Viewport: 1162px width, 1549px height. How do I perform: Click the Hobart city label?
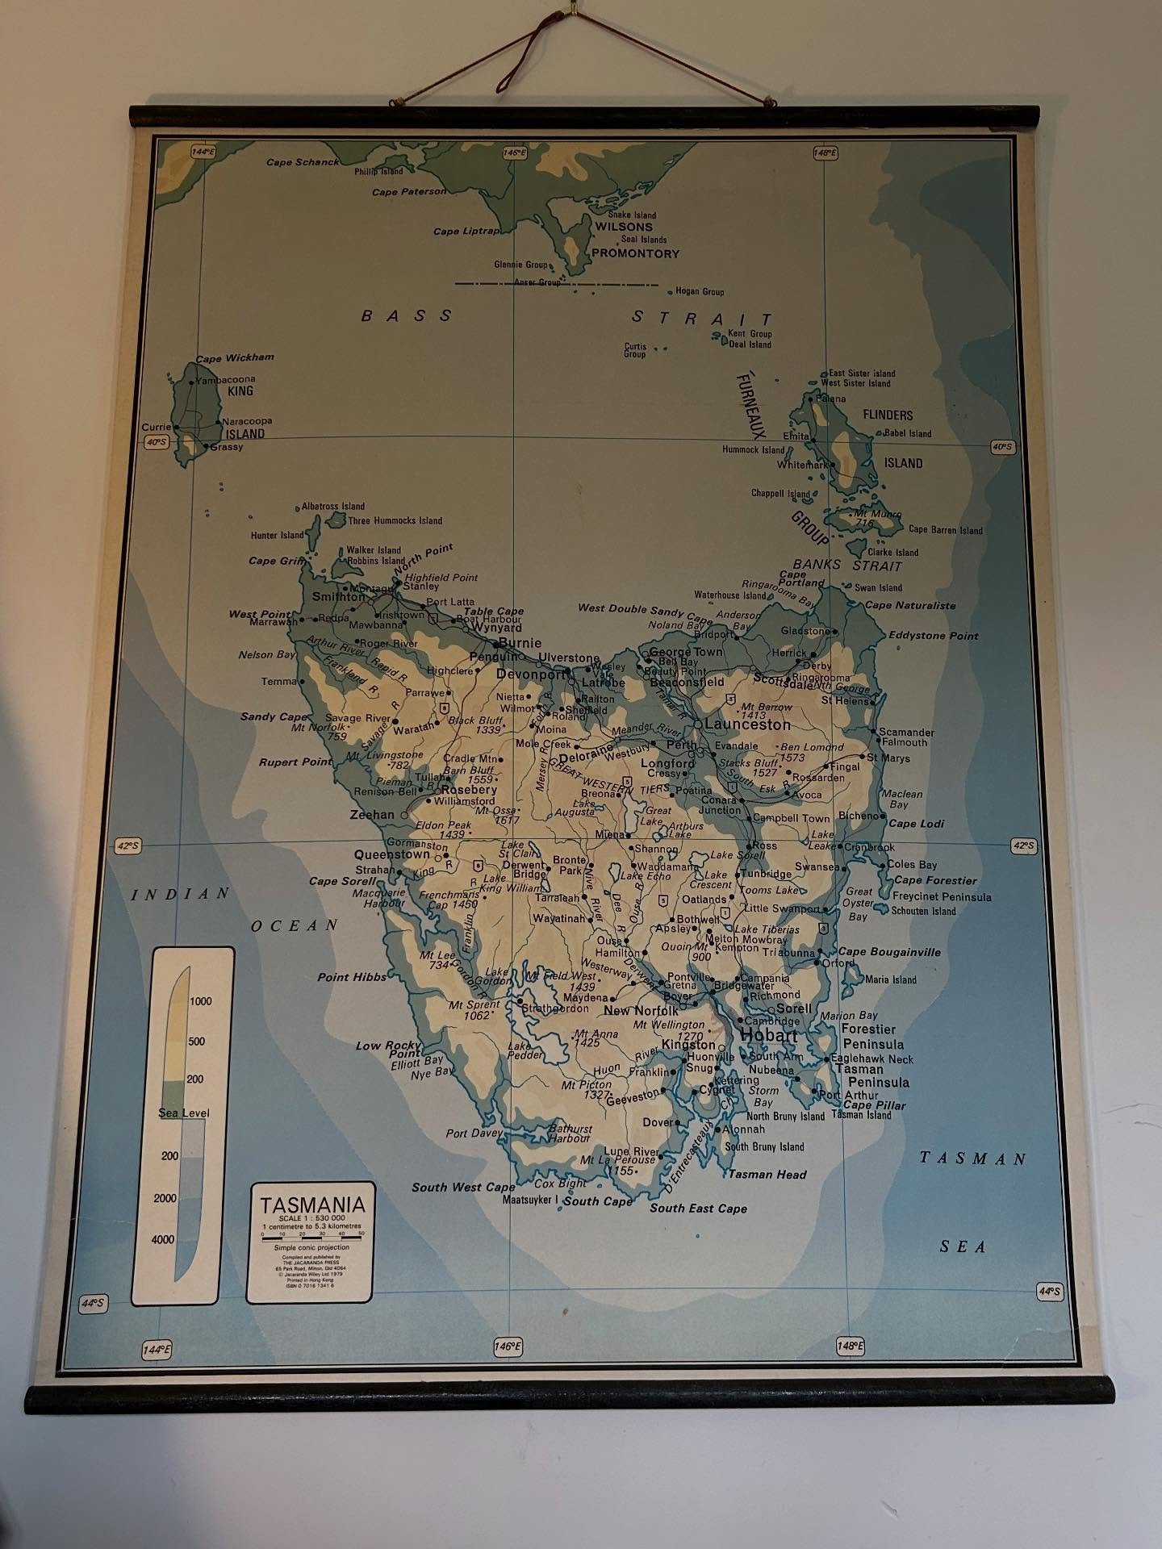pyautogui.click(x=768, y=1035)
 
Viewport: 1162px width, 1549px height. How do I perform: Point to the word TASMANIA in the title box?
pyautogui.click(x=311, y=1205)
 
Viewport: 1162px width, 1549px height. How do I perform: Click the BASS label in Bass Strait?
pyautogui.click(x=407, y=315)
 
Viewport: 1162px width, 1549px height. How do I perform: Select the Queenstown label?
pyautogui.click(x=392, y=854)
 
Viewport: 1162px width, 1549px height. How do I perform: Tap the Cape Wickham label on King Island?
pyautogui.click(x=235, y=357)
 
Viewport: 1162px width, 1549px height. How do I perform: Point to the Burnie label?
pyautogui.click(x=520, y=643)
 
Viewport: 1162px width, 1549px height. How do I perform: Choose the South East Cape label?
pyautogui.click(x=698, y=1208)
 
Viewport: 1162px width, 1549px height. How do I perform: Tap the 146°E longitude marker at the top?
pyautogui.click(x=515, y=152)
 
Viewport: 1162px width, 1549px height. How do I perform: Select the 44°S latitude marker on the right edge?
pyautogui.click(x=1049, y=1292)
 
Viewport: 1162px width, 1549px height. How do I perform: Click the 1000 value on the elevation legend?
pyautogui.click(x=200, y=1001)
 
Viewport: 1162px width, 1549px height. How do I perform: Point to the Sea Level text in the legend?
pyautogui.click(x=184, y=1113)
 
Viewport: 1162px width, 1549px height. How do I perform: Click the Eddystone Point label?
pyautogui.click(x=933, y=636)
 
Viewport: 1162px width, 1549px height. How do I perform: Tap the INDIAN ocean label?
pyautogui.click(x=181, y=893)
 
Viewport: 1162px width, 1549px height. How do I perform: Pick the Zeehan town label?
pyautogui.click(x=372, y=815)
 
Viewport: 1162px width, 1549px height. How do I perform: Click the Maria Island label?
pyautogui.click(x=891, y=979)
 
